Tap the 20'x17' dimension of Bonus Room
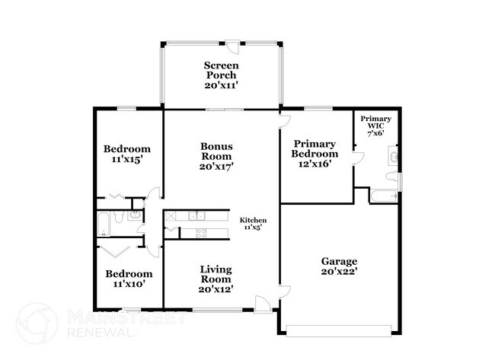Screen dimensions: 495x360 tap(216, 166)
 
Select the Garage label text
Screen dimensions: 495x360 tap(339, 261)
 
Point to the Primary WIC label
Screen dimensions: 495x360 tap(375, 122)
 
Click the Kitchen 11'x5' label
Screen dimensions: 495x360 tap(253, 224)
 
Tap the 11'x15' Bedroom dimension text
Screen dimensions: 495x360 tap(126, 159)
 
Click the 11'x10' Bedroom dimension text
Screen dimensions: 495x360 tap(129, 284)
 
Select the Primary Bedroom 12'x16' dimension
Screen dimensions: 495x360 tap(315, 164)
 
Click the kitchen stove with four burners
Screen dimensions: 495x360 tap(201, 233)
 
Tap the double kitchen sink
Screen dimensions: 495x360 tap(196, 216)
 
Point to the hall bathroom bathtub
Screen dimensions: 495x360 tap(104, 225)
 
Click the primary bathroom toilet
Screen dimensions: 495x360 tap(392, 176)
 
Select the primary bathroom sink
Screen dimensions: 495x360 tap(393, 155)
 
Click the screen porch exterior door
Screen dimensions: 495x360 tap(233, 46)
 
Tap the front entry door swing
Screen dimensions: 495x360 tap(263, 304)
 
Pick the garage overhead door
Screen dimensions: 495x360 tap(339, 330)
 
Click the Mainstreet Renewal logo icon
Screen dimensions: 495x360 tap(37, 323)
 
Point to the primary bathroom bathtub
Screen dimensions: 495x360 tap(384, 196)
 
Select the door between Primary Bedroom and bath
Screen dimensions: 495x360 tap(359, 158)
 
